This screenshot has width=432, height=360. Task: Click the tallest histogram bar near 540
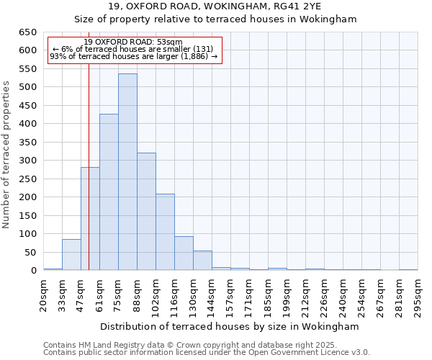(x=127, y=172)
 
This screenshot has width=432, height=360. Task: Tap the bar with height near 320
(x=146, y=212)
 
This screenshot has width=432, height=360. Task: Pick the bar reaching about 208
(x=165, y=232)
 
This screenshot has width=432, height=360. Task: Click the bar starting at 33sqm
(x=71, y=255)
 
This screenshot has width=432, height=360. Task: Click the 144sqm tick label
(x=212, y=295)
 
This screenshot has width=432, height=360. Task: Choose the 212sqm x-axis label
(x=305, y=295)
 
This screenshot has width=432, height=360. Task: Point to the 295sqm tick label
(x=418, y=295)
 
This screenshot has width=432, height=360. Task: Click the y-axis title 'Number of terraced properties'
(x=7, y=155)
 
